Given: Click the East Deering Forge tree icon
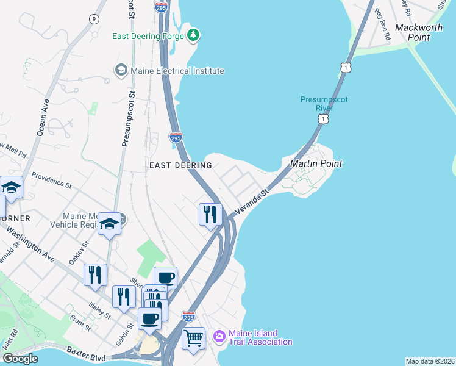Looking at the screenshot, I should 193,35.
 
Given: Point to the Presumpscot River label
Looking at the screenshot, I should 324,104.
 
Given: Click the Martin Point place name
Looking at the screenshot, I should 316,163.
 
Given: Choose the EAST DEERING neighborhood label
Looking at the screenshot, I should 181,165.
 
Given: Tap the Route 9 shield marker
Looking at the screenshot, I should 93,19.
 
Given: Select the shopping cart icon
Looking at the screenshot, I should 194,337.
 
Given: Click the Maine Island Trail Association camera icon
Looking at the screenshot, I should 219,337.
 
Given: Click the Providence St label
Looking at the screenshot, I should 52,180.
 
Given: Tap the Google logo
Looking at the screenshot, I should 20,358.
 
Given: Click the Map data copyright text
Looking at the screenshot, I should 429,361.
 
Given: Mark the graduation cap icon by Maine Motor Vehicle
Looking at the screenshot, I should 109,224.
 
